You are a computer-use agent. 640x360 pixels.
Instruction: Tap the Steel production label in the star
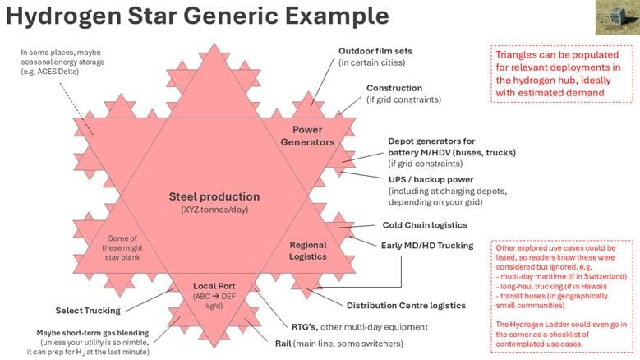click(214, 197)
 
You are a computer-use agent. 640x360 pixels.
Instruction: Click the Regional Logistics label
click(308, 251)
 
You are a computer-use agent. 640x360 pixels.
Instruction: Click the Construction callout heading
click(394, 88)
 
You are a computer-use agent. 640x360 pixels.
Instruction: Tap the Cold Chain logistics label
click(424, 225)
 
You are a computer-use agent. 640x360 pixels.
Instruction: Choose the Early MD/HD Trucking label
click(427, 245)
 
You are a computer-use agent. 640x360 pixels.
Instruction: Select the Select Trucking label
click(88, 311)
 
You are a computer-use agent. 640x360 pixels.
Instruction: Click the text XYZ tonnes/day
click(214, 211)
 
